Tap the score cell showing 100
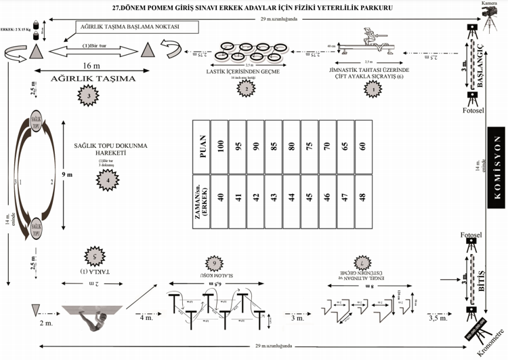pyautogui.click(x=219, y=146)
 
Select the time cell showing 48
pyautogui.click(x=362, y=198)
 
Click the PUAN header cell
pyautogui.click(x=201, y=146)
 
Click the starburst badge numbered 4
pyautogui.click(x=106, y=180)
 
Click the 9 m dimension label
pyautogui.click(x=67, y=175)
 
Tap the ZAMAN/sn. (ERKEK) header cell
pyautogui.click(x=201, y=198)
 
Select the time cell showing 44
pyautogui.click(x=291, y=198)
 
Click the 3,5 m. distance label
pyautogui.click(x=438, y=317)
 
